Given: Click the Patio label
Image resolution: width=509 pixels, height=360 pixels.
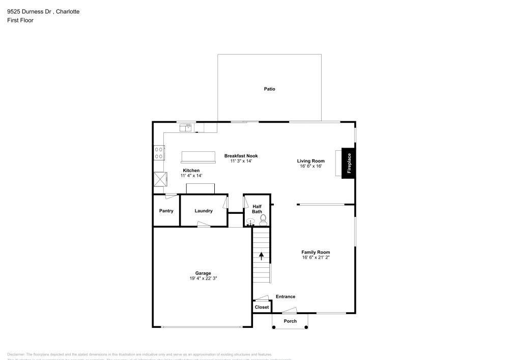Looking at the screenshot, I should point(269,89).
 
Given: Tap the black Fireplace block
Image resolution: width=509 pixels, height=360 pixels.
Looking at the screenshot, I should point(349,163).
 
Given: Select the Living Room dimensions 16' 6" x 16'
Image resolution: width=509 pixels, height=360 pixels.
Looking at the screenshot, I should point(310,166).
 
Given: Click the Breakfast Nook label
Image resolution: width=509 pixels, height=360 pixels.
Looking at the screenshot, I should point(241,155).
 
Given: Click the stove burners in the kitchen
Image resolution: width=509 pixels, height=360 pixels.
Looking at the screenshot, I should point(159,152).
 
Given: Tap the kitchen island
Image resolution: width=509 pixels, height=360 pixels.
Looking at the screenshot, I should point(199,156).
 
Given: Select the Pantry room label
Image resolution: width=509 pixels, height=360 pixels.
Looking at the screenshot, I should point(166,211).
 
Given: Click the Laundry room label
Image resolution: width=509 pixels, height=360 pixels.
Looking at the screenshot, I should point(204,211).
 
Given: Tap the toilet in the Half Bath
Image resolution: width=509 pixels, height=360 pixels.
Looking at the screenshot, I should point(263,220).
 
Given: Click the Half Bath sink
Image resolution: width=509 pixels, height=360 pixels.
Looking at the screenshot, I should point(250,222).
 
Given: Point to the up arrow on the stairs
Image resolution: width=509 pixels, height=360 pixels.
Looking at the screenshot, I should point(261,255).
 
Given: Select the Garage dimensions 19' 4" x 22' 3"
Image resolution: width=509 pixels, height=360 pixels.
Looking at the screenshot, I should point(203,279).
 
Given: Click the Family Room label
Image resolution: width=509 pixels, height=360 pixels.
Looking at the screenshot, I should point(316,252).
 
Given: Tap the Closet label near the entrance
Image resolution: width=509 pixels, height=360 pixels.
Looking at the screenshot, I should point(262,307).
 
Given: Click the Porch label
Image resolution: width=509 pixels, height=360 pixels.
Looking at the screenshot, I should point(290,321).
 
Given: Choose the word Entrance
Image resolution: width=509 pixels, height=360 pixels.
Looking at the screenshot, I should point(286,296).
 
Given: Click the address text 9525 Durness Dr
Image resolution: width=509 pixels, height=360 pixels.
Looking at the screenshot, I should point(29,11).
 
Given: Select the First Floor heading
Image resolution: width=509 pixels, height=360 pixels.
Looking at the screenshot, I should point(20,20).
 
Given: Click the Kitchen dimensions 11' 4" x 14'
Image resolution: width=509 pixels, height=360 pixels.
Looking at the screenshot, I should point(191,176).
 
